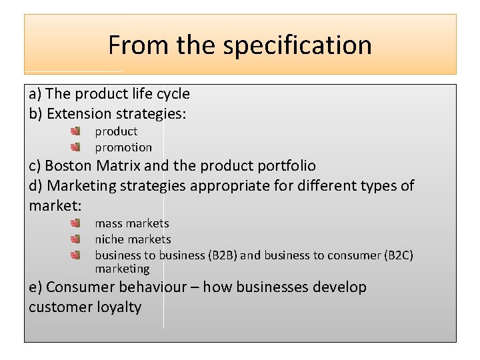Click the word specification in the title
(x=297, y=45)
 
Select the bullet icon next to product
(x=76, y=131)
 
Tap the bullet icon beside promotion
(x=76, y=147)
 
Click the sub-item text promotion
(x=123, y=147)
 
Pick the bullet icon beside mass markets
(x=76, y=223)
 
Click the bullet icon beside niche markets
(x=76, y=239)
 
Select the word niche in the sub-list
(x=109, y=239)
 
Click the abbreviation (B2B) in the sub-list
(x=223, y=255)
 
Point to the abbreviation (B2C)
(x=400, y=255)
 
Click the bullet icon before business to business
(x=76, y=255)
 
